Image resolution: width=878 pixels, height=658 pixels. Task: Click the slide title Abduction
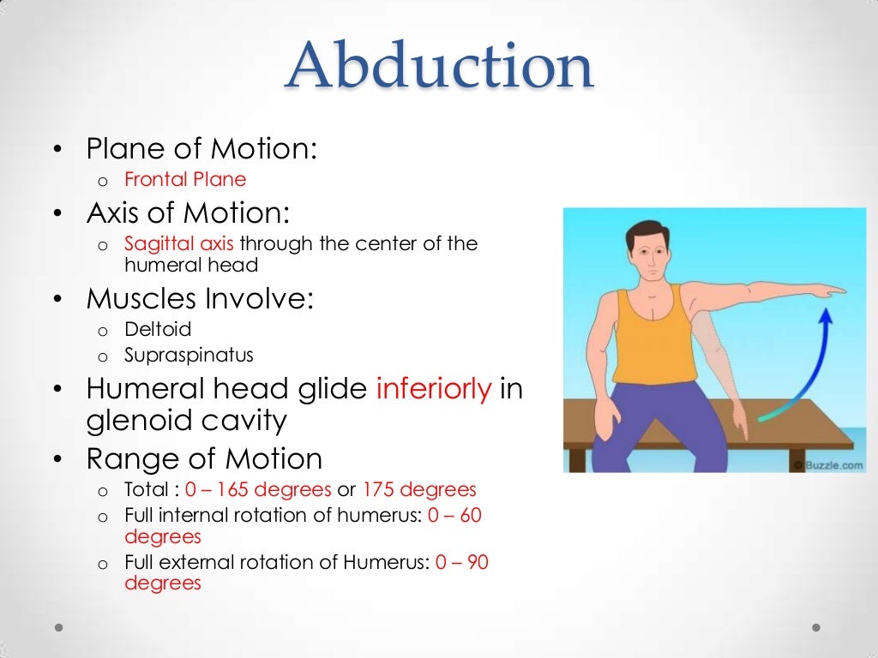click(439, 66)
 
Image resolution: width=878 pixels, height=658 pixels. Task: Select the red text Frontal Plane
click(185, 179)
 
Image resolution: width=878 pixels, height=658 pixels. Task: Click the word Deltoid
click(158, 329)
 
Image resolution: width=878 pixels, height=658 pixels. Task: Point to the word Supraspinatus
click(189, 355)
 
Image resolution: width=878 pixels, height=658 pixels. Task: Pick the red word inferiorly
click(434, 389)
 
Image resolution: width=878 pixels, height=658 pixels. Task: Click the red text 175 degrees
click(418, 490)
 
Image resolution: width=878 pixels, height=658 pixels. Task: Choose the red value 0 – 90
click(462, 562)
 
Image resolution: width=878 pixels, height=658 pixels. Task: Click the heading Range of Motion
click(204, 459)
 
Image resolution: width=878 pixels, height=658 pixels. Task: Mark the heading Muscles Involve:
click(200, 299)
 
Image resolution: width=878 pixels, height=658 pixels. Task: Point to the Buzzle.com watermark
click(828, 465)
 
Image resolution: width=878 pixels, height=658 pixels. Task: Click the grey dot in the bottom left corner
click(59, 627)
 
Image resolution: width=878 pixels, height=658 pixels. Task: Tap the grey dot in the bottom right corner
click(818, 627)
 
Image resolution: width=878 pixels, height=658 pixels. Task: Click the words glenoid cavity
click(186, 421)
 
